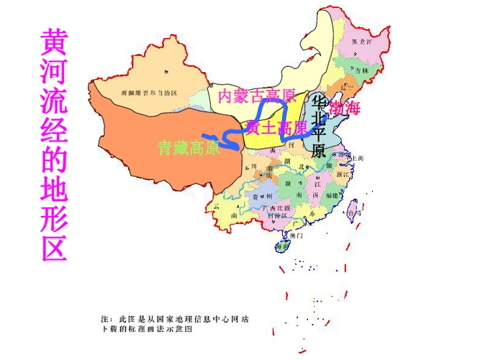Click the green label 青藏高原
coord(189,149)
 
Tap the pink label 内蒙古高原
coord(257,95)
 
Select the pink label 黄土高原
coord(276,128)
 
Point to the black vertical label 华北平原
coord(318,126)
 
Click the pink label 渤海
coord(345,109)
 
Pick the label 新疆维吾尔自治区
coord(149,93)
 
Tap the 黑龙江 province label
coord(361,42)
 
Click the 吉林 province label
coord(361,71)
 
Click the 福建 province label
coord(332,195)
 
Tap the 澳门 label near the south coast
coord(296,235)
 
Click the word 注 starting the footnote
coord(105,318)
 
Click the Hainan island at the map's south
coord(280,246)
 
